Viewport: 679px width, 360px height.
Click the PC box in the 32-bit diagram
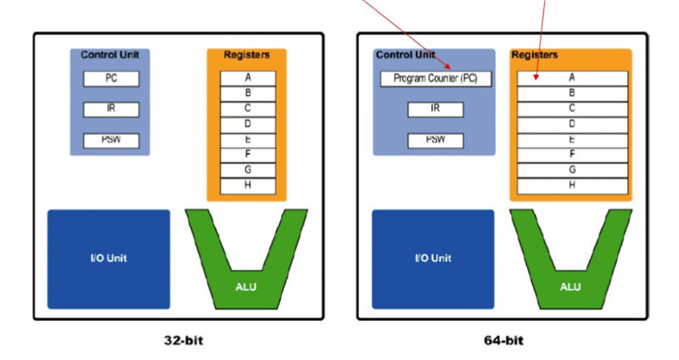(x=110, y=79)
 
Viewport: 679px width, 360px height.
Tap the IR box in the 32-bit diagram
(x=110, y=109)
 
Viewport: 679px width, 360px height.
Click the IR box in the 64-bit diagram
(x=435, y=109)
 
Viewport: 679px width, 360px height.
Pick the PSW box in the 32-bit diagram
(x=110, y=139)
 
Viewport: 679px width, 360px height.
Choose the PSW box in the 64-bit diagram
(x=435, y=139)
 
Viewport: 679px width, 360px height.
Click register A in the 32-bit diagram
(x=247, y=78)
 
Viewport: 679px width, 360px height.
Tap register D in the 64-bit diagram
(x=572, y=124)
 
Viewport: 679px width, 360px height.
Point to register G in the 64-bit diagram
(x=572, y=170)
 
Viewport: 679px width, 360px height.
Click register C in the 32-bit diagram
(x=247, y=109)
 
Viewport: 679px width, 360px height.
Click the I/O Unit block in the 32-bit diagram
(x=109, y=258)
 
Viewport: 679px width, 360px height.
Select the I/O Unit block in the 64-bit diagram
(x=433, y=258)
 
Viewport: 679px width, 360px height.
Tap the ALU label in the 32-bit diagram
(x=245, y=286)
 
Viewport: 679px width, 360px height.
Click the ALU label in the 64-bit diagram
(x=570, y=286)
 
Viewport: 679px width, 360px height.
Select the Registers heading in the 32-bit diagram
(x=246, y=55)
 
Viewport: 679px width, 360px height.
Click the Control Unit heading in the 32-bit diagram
(x=109, y=55)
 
